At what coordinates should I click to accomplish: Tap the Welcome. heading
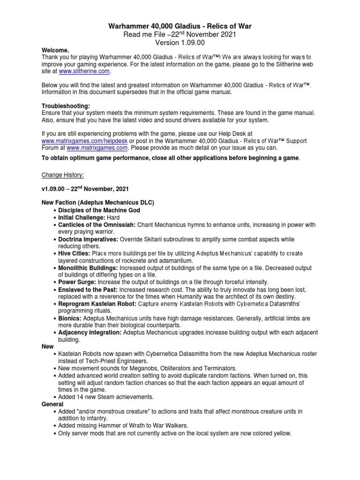coord(55,50)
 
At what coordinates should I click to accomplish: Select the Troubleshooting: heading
coord(66,106)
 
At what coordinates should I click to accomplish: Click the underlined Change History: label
coord(63,175)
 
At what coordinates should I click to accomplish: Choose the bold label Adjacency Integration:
coord(90,332)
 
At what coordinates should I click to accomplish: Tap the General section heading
coord(52,404)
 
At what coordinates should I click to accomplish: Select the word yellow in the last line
coord(281,434)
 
